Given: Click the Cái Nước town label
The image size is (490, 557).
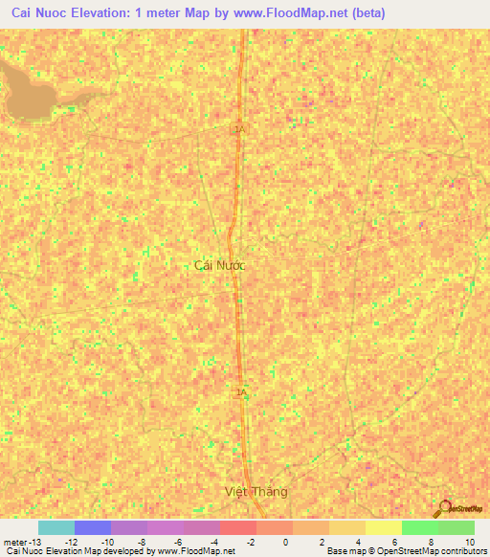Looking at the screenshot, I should click(219, 265).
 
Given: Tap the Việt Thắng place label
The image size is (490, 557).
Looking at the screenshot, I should click(255, 492).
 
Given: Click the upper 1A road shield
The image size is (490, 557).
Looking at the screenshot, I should click(239, 127).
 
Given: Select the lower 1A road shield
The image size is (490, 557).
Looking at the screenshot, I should click(241, 392).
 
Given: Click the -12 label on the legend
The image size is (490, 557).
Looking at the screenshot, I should click(71, 542).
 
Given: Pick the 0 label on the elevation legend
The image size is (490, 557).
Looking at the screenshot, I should click(286, 542).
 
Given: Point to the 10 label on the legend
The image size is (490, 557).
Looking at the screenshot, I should click(469, 542).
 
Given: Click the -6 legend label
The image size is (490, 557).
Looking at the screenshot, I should click(178, 542).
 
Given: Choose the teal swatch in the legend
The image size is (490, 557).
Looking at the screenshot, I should click(56, 527).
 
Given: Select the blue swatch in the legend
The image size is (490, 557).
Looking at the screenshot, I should click(92, 527).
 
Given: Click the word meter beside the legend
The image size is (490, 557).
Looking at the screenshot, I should click(16, 542).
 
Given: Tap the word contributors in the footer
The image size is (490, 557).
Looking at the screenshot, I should click(460, 551).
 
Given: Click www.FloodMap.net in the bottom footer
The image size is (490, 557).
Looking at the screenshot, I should click(196, 551).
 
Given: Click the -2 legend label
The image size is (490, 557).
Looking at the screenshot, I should click(251, 542).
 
